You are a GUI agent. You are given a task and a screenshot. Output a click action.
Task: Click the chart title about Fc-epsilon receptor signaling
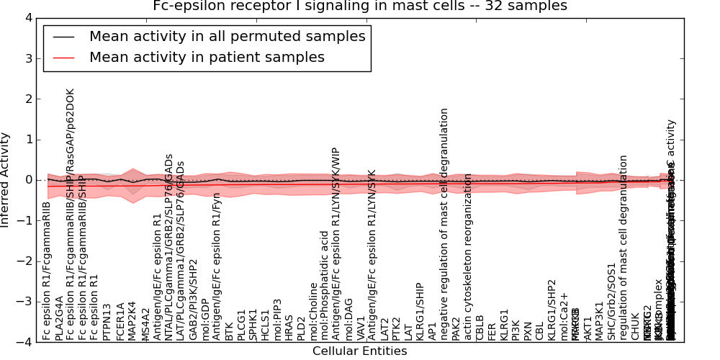tap(360, 6)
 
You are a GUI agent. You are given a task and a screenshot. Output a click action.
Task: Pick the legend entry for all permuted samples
tap(227, 36)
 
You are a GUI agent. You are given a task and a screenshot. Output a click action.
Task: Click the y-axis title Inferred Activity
tap(6, 180)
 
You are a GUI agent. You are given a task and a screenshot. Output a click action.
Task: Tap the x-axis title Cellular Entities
tap(359, 351)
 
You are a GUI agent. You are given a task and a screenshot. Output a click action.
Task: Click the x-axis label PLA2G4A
tap(59, 317)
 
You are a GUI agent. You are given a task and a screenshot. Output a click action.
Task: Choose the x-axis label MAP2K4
tap(132, 318)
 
